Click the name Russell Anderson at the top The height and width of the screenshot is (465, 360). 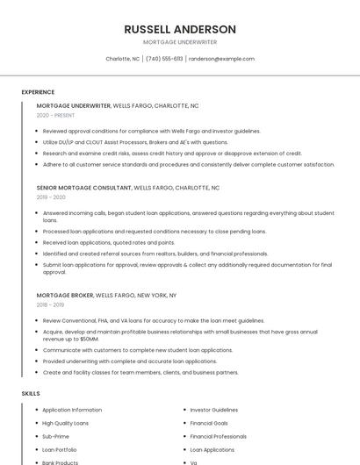[180, 29]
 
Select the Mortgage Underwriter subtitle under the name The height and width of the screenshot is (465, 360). [180, 42]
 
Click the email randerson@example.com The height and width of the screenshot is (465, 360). [221, 59]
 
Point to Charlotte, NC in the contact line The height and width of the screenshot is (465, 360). [123, 59]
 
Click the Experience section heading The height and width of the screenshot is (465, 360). [38, 92]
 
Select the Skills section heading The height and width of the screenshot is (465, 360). [31, 394]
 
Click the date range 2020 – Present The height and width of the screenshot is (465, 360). [55, 115]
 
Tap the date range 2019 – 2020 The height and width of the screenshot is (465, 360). [51, 197]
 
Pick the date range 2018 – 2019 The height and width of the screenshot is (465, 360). [51, 305]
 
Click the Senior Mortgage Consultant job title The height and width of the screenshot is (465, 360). [84, 188]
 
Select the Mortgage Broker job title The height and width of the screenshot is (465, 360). [64, 296]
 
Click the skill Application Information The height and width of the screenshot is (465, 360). [72, 410]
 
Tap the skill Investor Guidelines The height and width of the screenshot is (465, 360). [214, 410]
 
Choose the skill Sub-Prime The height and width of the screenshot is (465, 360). [55, 436]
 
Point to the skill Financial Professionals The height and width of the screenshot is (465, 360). [219, 436]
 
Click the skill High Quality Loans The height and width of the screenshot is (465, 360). [66, 423]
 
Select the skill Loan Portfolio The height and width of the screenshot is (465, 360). [61, 449]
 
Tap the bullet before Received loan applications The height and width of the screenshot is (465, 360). [37, 242]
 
